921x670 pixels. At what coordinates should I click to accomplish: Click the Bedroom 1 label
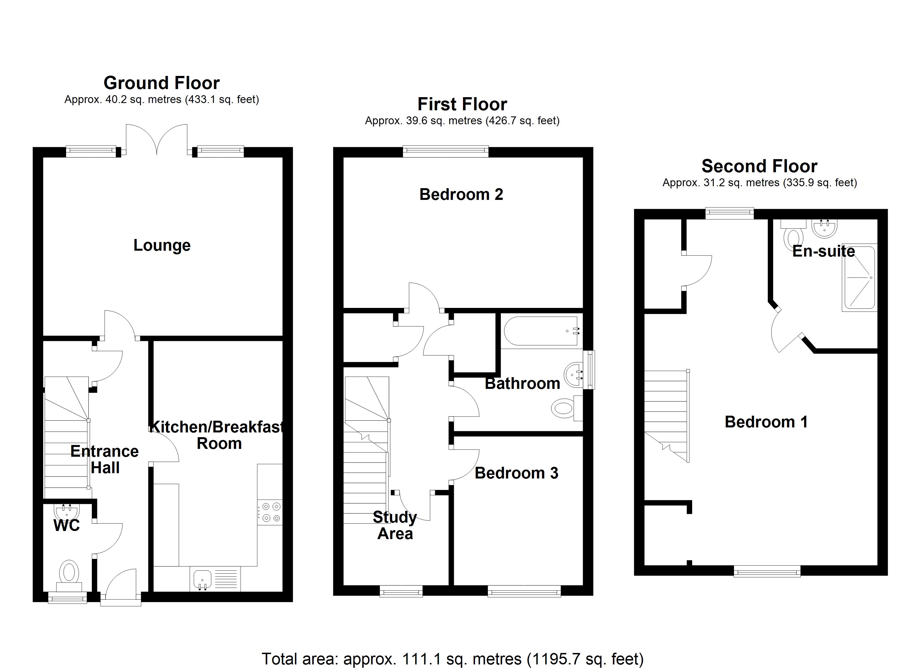(766, 422)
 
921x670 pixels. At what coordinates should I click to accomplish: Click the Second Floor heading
(759, 166)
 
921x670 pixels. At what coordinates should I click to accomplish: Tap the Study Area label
(395, 525)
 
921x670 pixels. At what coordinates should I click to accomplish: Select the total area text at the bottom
(452, 658)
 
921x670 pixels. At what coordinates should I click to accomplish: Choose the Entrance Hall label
(104, 460)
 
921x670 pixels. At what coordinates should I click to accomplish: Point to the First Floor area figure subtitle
(462, 121)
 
